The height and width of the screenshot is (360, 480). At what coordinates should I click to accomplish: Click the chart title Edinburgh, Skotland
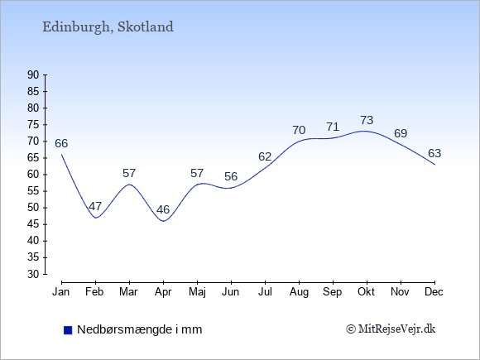(x=108, y=27)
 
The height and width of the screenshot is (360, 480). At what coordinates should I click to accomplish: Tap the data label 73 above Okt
(x=367, y=120)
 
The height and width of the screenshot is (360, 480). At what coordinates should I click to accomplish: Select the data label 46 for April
(x=163, y=209)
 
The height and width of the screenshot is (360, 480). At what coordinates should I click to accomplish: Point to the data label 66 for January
(x=61, y=143)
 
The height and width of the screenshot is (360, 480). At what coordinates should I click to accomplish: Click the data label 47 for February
(x=95, y=206)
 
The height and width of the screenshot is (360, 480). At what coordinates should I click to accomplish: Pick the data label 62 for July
(x=265, y=156)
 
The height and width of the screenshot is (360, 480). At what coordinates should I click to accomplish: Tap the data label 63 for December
(x=434, y=153)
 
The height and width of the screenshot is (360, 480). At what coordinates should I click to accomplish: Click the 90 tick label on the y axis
(x=33, y=75)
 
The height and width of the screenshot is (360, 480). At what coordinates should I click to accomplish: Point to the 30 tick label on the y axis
(x=33, y=274)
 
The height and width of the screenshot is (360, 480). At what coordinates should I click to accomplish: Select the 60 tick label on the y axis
(x=33, y=175)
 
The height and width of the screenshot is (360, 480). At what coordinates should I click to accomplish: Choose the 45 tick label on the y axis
(x=33, y=224)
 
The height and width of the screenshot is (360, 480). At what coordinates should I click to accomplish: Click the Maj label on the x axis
(x=197, y=292)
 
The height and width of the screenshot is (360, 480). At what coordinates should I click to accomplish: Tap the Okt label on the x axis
(x=366, y=292)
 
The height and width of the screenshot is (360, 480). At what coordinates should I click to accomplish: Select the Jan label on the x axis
(x=61, y=292)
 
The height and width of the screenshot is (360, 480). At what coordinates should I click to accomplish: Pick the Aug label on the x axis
(x=299, y=292)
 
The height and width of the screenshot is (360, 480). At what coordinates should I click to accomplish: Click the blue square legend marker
(x=68, y=330)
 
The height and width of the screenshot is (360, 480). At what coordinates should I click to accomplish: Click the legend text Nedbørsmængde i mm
(x=140, y=330)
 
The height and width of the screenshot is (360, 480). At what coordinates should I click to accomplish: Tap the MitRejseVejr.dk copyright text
(x=391, y=329)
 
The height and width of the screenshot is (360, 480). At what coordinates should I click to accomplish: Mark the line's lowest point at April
(x=164, y=221)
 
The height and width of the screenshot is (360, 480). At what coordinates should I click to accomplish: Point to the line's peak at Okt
(x=364, y=131)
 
